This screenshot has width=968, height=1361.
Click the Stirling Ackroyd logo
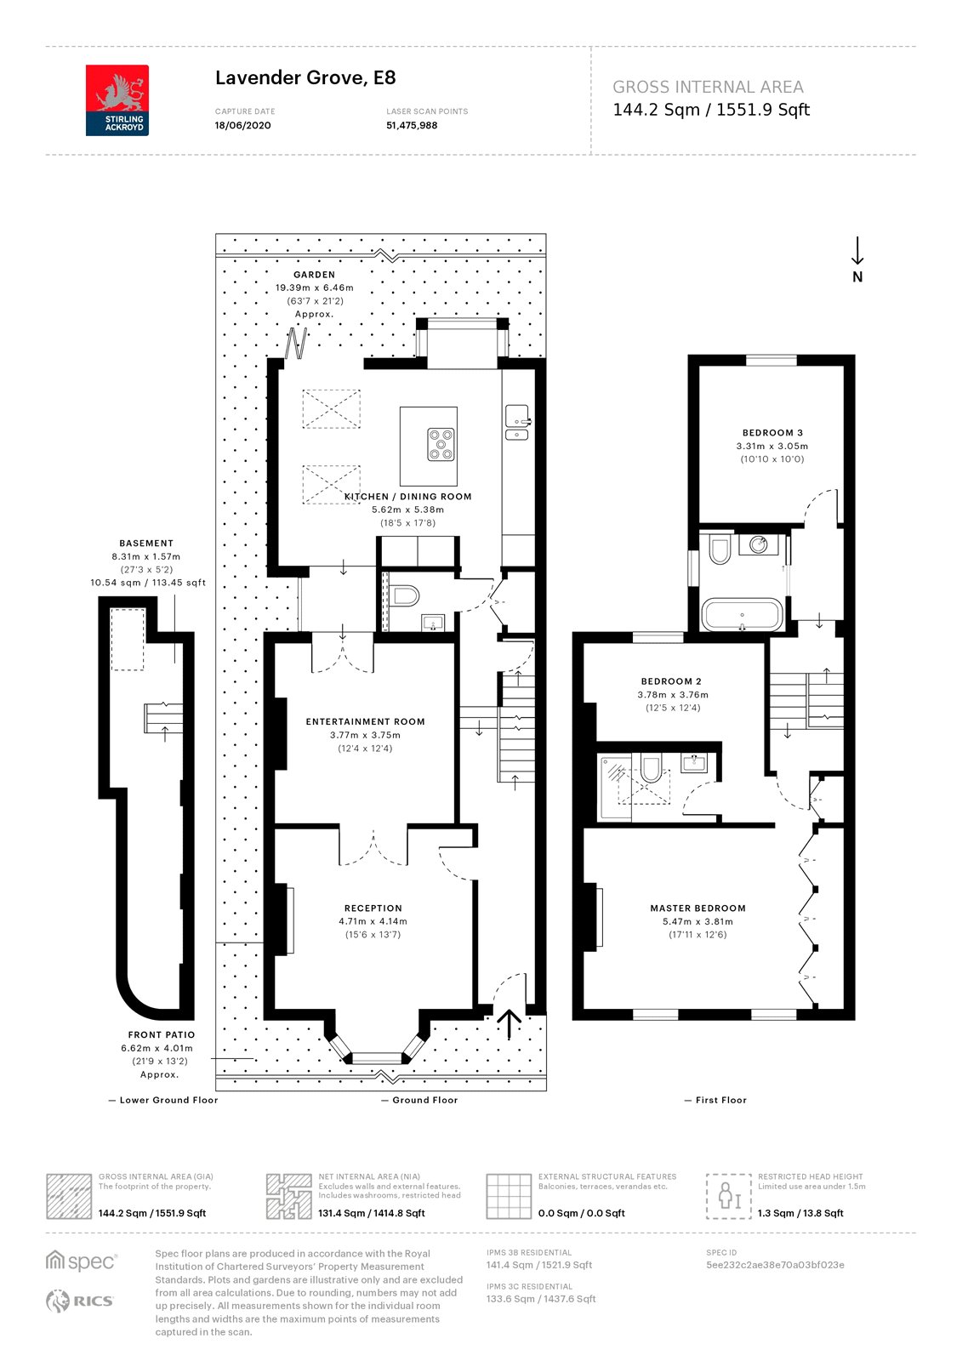[117, 100]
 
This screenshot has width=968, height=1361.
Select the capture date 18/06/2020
[242, 126]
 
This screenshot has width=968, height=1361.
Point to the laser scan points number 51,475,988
[412, 126]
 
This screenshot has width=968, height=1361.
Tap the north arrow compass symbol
[857, 259]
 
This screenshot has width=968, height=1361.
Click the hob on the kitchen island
[441, 445]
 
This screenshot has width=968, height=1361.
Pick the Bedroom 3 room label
[772, 433]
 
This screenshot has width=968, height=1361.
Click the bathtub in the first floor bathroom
[742, 615]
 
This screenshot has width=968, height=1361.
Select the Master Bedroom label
[698, 908]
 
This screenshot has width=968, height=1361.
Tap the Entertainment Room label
[365, 722]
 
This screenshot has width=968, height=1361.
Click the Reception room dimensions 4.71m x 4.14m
[373, 922]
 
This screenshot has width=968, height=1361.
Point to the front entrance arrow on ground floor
[510, 1024]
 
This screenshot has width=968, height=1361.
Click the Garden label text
[314, 275]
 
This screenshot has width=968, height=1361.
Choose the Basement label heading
[146, 544]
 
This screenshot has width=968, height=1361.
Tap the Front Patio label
[162, 1034]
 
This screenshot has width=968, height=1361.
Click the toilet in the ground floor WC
[403, 596]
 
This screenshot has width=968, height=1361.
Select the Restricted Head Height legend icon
[729, 1196]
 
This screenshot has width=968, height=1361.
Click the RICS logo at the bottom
[80, 1301]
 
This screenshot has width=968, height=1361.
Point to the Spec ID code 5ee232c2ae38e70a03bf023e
[775, 1265]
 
